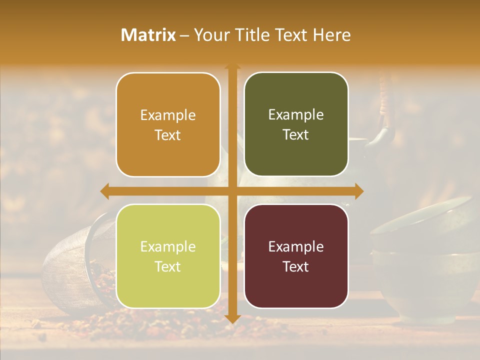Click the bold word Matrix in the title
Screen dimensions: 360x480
pos(148,35)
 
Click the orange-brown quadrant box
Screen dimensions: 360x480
pos(168,124)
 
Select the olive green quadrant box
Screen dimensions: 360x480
pos(296,124)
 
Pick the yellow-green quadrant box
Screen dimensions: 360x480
pos(168,256)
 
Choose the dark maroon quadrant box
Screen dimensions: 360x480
pos(296,256)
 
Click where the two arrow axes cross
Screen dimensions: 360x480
pos(232,191)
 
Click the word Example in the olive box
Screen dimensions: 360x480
pos(296,114)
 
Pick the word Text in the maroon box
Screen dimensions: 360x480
pos(296,266)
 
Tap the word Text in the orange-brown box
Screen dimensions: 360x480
pos(168,135)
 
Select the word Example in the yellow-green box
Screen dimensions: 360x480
pos(168,246)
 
